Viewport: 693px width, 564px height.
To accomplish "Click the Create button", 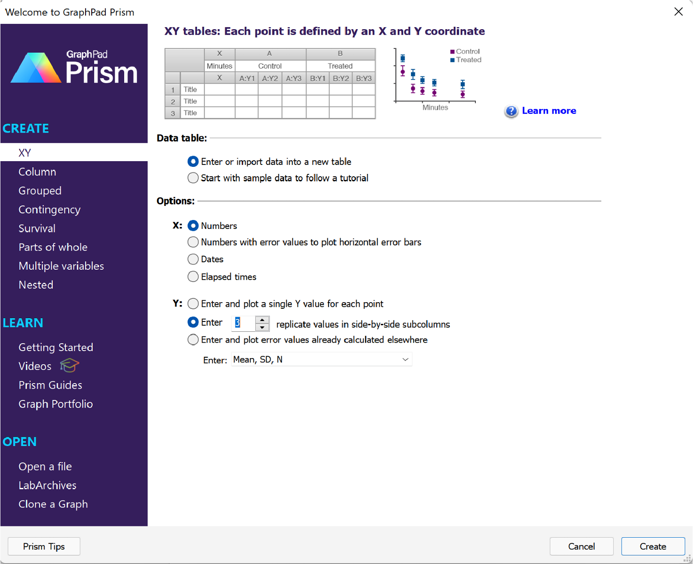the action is tap(653, 546).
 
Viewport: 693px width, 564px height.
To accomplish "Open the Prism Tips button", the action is tap(44, 546).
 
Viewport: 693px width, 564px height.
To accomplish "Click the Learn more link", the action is tap(549, 110).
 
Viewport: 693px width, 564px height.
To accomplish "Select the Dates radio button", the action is tap(193, 259).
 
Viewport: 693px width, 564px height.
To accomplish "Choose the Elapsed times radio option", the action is tap(193, 276).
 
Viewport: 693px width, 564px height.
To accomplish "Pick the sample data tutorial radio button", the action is tap(193, 178).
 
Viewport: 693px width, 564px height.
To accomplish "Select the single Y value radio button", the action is tap(193, 304).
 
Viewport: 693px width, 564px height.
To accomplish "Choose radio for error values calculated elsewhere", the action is tap(193, 339).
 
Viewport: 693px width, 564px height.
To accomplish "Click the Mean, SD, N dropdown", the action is tap(322, 360).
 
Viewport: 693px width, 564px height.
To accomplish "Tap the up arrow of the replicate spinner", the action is tap(262, 320).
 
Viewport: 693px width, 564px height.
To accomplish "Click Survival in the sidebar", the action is tap(37, 228).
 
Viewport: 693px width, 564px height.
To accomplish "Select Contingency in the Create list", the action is tap(49, 210).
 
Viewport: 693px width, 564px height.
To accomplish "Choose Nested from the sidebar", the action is tap(36, 285).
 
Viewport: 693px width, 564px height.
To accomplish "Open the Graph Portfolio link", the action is tap(55, 404).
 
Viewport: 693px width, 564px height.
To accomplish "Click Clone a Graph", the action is tap(53, 504).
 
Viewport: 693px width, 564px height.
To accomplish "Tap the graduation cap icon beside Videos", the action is tap(69, 365).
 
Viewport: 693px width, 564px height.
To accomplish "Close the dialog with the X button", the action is tap(678, 12).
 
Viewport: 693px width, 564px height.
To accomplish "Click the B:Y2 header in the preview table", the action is tap(341, 78).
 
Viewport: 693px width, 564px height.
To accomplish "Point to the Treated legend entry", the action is tap(465, 60).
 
